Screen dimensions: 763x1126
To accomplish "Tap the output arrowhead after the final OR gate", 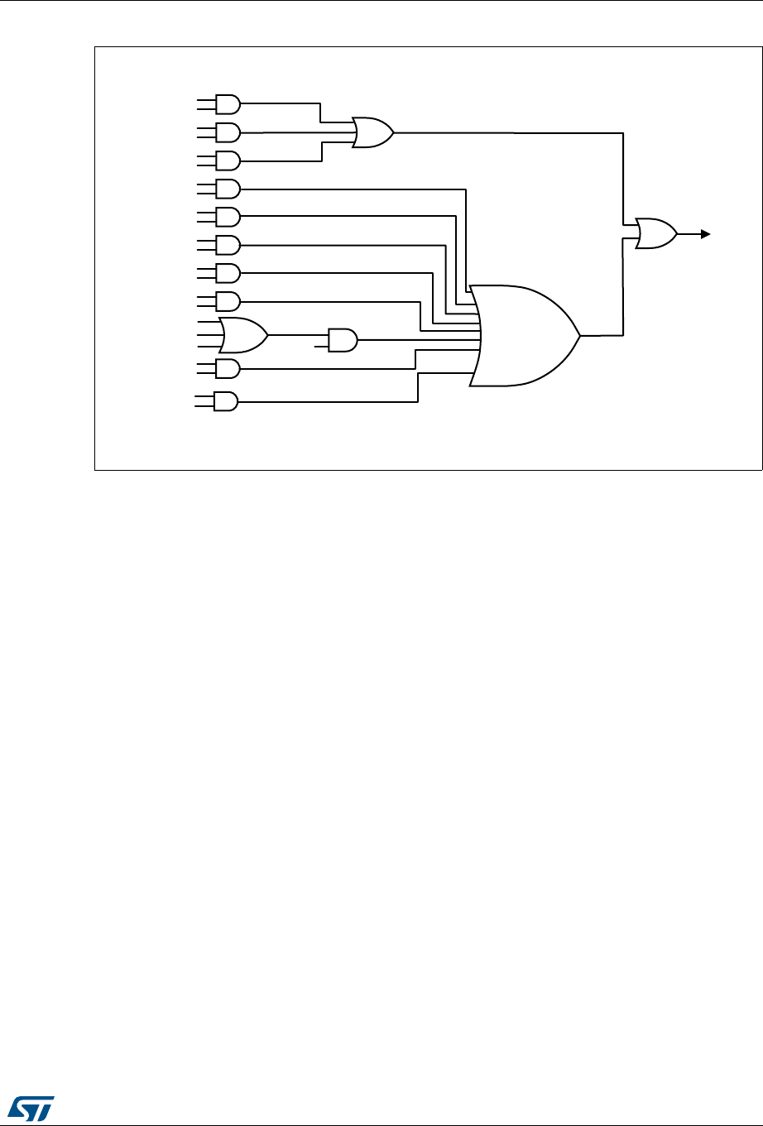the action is (x=705, y=234).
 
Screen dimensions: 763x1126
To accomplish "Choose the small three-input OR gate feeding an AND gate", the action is (x=243, y=335).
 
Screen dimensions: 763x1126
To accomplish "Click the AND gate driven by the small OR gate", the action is (x=343, y=340).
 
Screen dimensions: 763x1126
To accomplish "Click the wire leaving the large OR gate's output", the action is (x=602, y=335).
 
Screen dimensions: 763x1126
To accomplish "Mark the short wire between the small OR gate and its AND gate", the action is (x=298, y=335).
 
